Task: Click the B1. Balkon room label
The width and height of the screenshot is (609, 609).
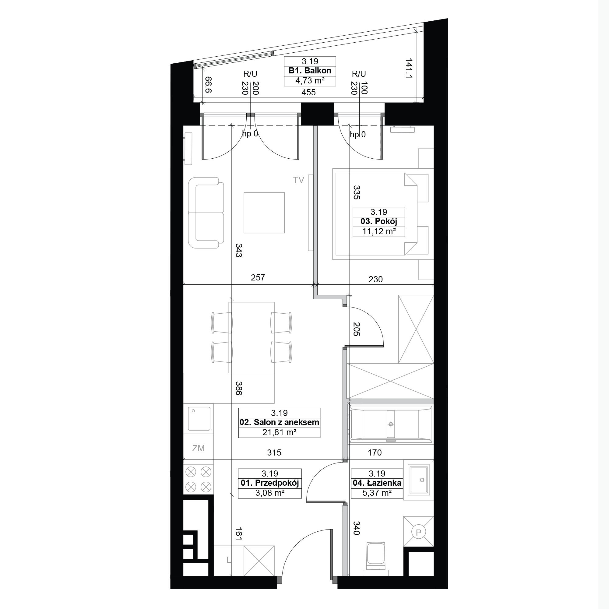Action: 310,71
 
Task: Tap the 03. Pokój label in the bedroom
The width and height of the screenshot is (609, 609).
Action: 378,221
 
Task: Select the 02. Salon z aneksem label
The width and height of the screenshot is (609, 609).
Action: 279,422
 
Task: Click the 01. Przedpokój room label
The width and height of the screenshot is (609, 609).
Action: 270,483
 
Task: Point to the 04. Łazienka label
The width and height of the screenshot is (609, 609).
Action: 377,483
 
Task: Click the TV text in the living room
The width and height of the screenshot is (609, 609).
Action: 298,180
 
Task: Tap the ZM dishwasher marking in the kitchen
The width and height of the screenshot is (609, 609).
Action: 198,448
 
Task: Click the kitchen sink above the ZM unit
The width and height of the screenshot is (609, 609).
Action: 199,419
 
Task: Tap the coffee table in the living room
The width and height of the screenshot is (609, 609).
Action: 264,213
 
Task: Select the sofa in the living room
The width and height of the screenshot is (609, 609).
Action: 206,213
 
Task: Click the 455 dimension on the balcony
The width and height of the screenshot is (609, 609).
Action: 308,92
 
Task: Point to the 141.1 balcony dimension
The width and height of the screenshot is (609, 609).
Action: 409,68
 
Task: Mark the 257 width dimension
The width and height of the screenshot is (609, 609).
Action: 258,277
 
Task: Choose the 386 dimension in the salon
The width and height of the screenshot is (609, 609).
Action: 239,388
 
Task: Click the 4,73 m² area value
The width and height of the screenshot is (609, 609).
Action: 310,81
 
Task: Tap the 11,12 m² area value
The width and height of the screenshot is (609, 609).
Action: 378,231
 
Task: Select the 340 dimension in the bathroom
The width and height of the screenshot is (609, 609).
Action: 356,528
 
